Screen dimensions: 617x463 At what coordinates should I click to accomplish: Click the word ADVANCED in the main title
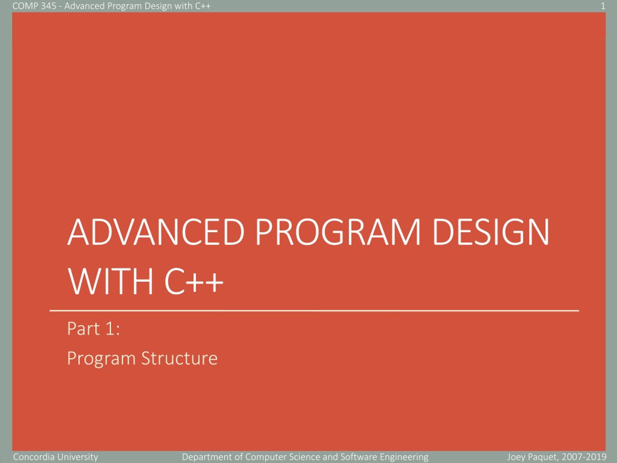click(x=156, y=232)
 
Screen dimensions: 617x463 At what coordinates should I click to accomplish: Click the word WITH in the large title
click(x=110, y=281)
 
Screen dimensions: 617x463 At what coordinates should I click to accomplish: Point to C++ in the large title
click(x=194, y=281)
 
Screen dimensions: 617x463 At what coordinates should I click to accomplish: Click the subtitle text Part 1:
click(x=94, y=328)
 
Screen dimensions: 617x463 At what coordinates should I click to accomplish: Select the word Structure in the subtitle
click(x=179, y=358)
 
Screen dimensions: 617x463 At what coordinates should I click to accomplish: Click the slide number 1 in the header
click(x=603, y=6)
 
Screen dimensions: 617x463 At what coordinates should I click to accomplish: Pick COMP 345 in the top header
click(x=34, y=6)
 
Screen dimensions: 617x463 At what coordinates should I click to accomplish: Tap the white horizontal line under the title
click(x=314, y=310)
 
